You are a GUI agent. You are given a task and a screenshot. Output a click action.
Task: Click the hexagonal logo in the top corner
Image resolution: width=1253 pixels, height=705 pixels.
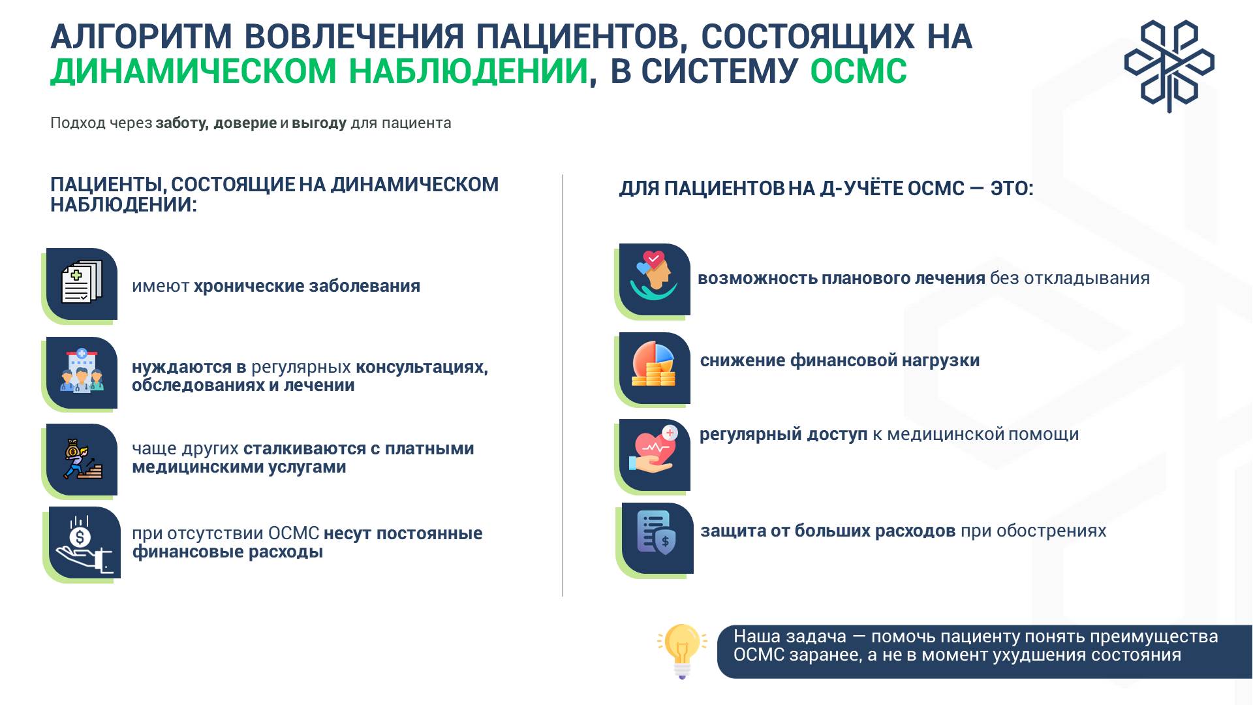[1169, 66]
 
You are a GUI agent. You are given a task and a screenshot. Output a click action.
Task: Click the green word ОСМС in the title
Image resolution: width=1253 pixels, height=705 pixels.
[858, 71]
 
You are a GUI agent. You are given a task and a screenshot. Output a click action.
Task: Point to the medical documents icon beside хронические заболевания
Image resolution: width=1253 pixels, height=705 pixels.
[82, 282]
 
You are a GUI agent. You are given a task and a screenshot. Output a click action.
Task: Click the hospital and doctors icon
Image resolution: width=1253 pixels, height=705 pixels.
[82, 371]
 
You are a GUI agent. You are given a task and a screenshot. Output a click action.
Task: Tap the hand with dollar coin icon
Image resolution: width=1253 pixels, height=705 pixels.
[84, 544]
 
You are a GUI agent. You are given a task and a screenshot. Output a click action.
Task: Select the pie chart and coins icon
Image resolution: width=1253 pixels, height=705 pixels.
[654, 364]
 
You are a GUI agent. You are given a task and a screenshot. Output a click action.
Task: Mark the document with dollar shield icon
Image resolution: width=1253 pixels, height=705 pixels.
[657, 533]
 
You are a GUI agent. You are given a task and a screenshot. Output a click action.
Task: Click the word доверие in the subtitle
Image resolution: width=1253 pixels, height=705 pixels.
[245, 123]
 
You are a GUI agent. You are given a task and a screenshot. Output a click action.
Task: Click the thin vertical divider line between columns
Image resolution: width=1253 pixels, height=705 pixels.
[563, 385]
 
